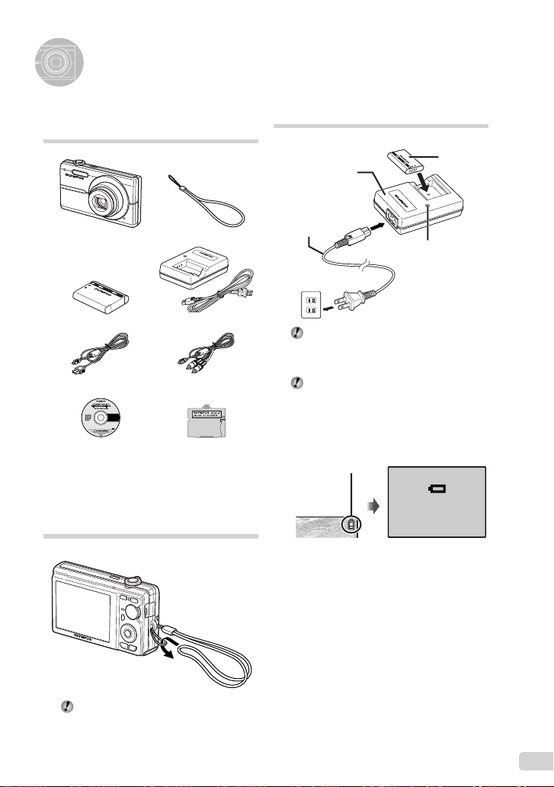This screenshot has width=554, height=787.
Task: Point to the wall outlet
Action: click(x=309, y=306)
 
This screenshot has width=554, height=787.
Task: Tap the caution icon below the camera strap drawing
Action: click(x=66, y=707)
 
